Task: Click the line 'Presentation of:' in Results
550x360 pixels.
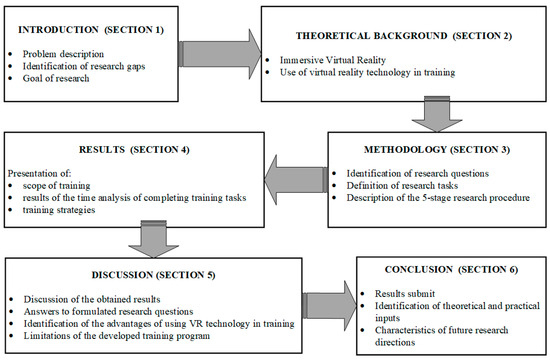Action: pyautogui.click(x=41, y=169)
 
